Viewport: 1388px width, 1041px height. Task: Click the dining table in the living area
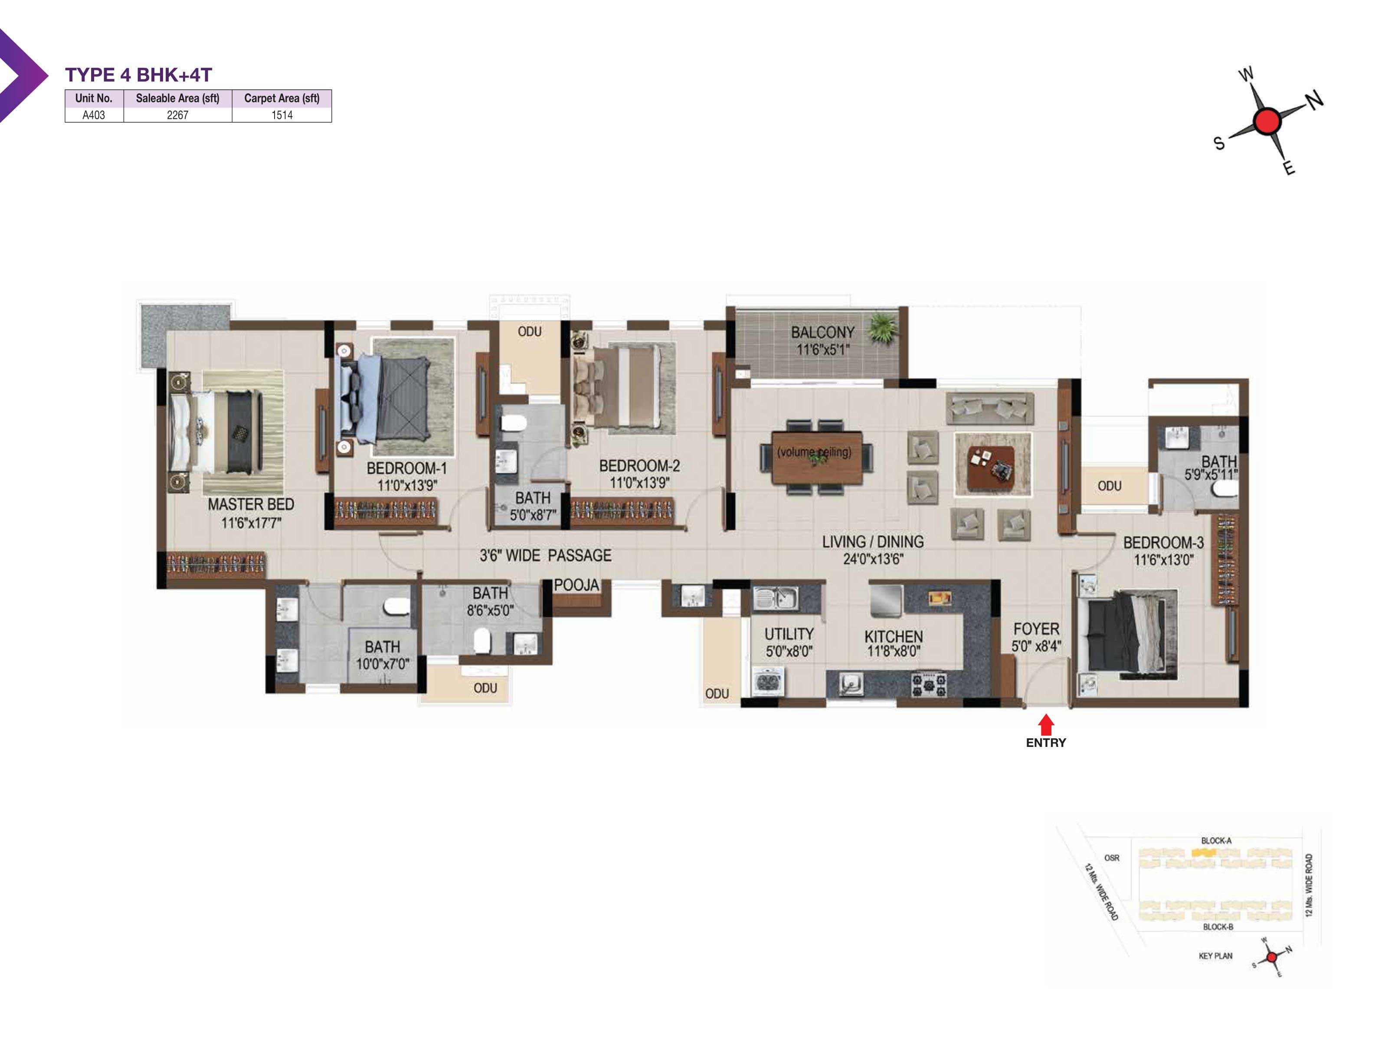816,457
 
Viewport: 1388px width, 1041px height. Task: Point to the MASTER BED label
251,504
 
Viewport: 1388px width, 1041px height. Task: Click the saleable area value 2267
177,115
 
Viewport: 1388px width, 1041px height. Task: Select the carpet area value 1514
282,115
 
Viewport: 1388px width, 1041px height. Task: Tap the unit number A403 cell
94,115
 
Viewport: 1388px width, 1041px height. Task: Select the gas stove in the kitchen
929,684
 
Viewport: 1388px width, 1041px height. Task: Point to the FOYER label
1036,629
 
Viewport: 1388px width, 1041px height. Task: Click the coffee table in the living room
991,465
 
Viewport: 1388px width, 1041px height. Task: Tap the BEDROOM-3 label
1163,542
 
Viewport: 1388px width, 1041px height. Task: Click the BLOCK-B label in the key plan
1218,927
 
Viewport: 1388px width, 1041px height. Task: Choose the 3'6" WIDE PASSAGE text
545,555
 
